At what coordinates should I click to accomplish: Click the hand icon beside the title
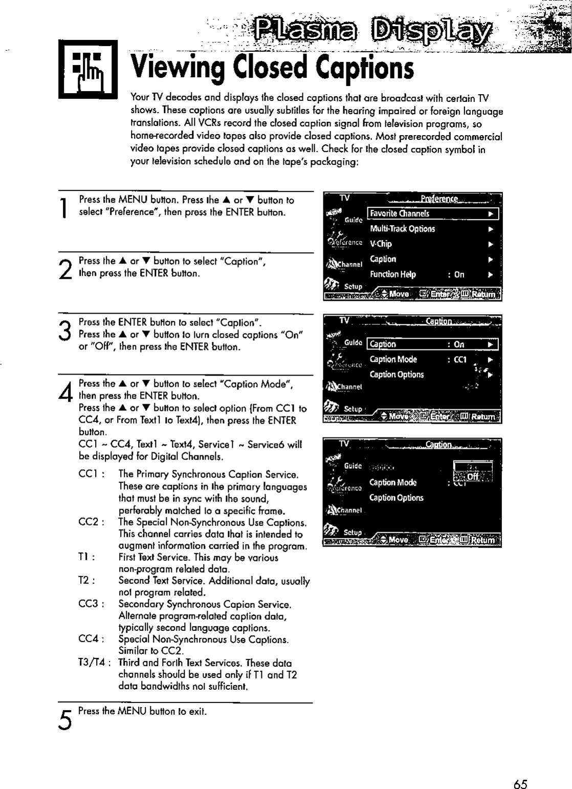pyautogui.click(x=88, y=69)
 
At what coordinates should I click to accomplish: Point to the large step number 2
pyautogui.click(x=64, y=269)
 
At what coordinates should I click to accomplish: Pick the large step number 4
pyautogui.click(x=64, y=393)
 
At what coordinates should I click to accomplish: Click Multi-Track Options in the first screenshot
pyautogui.click(x=402, y=229)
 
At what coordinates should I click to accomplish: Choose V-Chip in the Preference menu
pyautogui.click(x=381, y=244)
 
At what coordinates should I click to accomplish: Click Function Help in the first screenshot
pyautogui.click(x=393, y=274)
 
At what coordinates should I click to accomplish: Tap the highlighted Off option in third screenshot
pyautogui.click(x=472, y=477)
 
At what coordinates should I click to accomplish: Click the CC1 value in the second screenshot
pyautogui.click(x=458, y=360)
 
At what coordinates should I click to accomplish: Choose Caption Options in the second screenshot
pyautogui.click(x=397, y=375)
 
